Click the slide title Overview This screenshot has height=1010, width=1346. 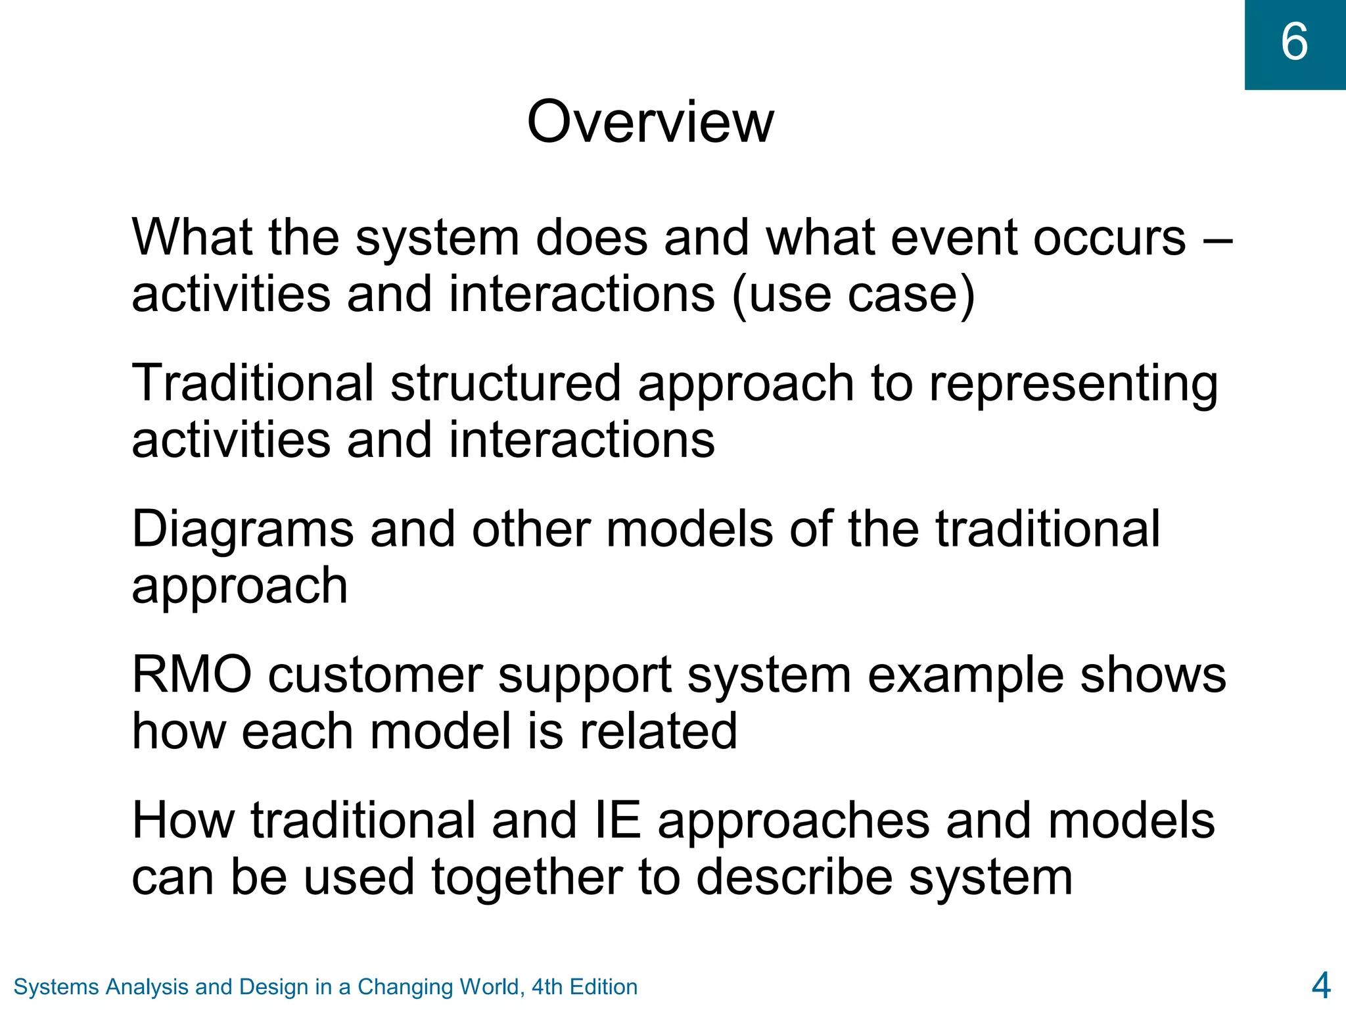[650, 122]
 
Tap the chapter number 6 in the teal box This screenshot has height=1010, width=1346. [1294, 42]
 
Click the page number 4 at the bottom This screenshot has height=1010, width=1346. [1320, 986]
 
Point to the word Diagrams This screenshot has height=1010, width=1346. [242, 530]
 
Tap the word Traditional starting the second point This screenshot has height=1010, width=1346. [252, 383]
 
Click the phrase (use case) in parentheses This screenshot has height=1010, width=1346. [853, 295]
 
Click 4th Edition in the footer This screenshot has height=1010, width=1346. [584, 987]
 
